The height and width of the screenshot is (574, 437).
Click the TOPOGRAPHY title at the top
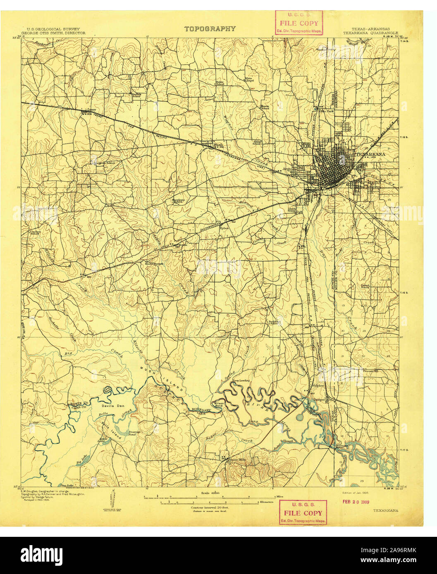[210, 29]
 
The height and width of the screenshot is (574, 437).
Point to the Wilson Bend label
[218, 404]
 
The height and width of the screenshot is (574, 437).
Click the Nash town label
[218, 145]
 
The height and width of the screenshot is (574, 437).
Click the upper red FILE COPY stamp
[299, 23]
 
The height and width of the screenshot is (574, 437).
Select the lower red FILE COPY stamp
[303, 512]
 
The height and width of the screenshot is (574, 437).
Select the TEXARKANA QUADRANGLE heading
[370, 32]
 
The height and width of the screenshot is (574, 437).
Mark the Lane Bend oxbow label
[107, 389]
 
